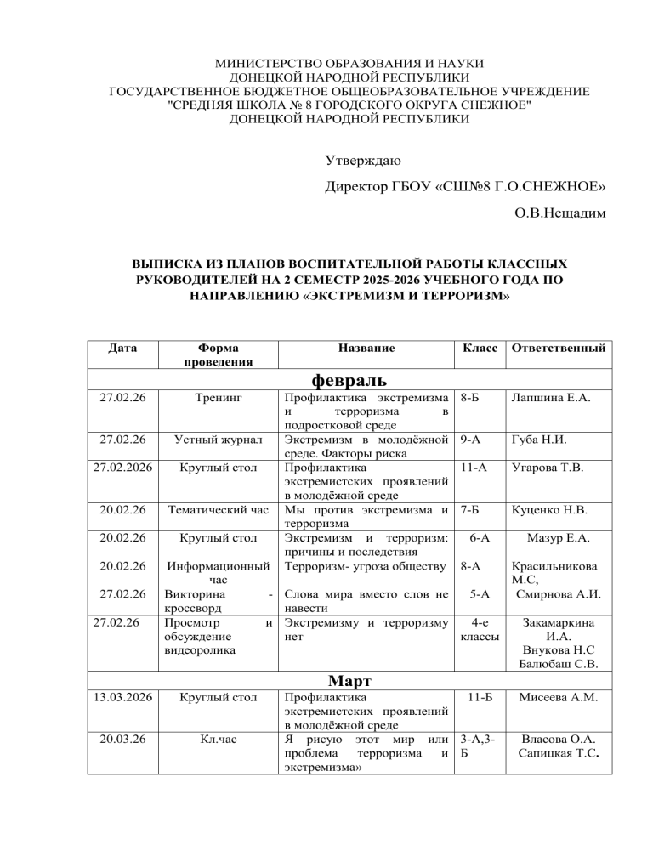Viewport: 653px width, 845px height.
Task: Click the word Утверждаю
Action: (x=364, y=159)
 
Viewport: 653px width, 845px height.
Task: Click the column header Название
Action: (x=366, y=348)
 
